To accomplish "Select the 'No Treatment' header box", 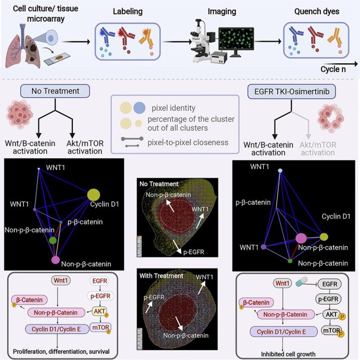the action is coord(55,91).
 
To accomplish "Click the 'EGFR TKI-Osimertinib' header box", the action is coord(292,92).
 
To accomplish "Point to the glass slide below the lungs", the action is coord(57,58).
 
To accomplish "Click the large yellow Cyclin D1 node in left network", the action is coord(94,195).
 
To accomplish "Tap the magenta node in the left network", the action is coord(56,260).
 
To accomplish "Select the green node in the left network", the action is coord(53,240).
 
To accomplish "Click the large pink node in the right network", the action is coord(301,238).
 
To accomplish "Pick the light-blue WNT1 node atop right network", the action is coord(280,171).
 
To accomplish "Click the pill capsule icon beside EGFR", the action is coord(301,281).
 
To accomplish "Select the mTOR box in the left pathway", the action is coord(101,328).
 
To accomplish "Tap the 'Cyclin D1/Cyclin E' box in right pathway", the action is coord(281,332).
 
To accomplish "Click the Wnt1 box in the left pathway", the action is coord(61,281).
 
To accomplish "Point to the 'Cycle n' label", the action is coord(333,69).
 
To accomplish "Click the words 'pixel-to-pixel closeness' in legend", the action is coord(188,142).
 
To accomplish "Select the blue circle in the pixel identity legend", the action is coord(139,107).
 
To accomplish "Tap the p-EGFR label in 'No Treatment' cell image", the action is coord(193,252).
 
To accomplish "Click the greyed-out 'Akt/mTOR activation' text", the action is coord(318,149).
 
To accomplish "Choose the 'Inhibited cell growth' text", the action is coord(288,354).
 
